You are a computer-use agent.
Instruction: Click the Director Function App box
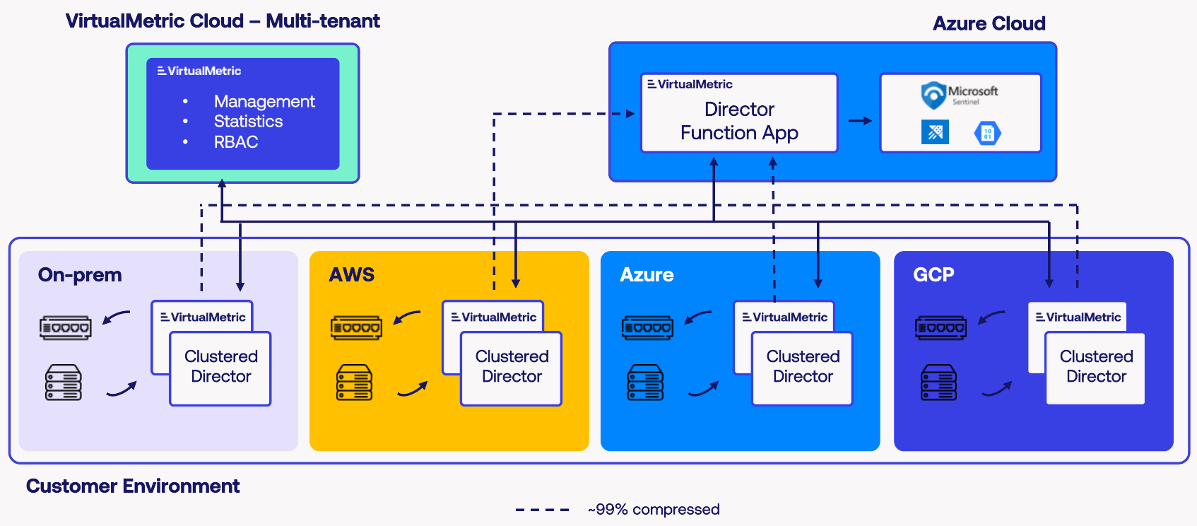click(739, 120)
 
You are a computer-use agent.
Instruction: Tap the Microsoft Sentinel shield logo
click(933, 95)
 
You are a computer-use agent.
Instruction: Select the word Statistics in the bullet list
click(248, 122)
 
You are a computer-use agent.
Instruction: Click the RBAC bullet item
click(236, 142)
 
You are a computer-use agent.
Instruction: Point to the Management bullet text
click(264, 101)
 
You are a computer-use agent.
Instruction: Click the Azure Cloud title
click(989, 23)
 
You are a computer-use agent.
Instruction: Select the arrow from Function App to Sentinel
click(860, 121)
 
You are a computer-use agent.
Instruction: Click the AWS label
click(352, 274)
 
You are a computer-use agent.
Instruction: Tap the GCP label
click(933, 274)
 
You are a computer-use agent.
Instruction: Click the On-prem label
click(80, 274)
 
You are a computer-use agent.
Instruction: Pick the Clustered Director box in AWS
click(512, 368)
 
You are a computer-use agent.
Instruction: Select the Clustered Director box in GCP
click(1095, 368)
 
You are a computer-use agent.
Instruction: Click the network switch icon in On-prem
click(65, 328)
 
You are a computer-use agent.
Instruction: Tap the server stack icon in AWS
click(354, 382)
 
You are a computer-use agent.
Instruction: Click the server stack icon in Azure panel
click(645, 382)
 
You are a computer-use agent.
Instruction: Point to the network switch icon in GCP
click(940, 328)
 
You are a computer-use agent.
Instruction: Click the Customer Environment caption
click(133, 486)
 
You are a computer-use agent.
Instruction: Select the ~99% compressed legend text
click(654, 510)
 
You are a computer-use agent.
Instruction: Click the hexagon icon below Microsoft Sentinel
click(988, 133)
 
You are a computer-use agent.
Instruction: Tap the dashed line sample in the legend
click(542, 510)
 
